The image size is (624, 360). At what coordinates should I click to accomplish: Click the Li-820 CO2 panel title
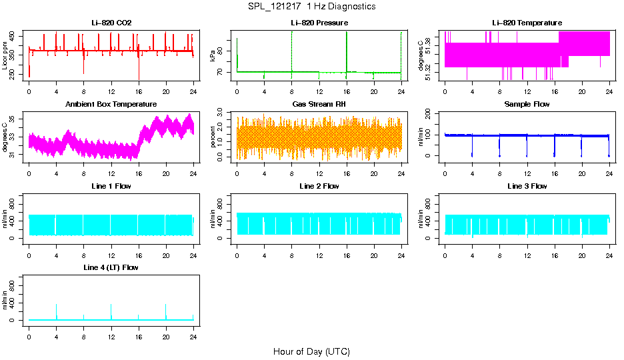tap(111, 23)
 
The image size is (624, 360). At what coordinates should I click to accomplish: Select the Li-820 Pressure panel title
tap(319, 23)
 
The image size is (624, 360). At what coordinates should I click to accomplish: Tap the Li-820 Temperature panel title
tap(527, 23)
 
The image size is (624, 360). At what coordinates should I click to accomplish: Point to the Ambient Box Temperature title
tap(111, 105)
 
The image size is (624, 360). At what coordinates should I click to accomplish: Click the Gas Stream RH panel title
tap(319, 105)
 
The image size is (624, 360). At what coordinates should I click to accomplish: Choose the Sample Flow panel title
tap(527, 105)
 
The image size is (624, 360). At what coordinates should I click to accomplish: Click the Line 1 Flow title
tap(111, 186)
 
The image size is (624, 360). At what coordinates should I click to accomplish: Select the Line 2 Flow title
tap(319, 186)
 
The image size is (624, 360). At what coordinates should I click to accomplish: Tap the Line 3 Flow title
tap(527, 186)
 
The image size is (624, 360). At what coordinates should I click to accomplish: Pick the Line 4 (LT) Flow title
tap(111, 267)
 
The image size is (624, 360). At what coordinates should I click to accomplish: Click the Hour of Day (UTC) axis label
tap(311, 351)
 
